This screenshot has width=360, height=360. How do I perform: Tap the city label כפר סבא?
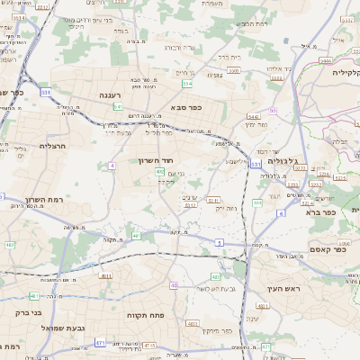184,106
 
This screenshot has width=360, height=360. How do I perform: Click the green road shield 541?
118,107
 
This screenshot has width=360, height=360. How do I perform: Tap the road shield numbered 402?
159,171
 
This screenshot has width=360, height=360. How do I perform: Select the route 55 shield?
273,110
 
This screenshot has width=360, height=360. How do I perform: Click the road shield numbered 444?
257,203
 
